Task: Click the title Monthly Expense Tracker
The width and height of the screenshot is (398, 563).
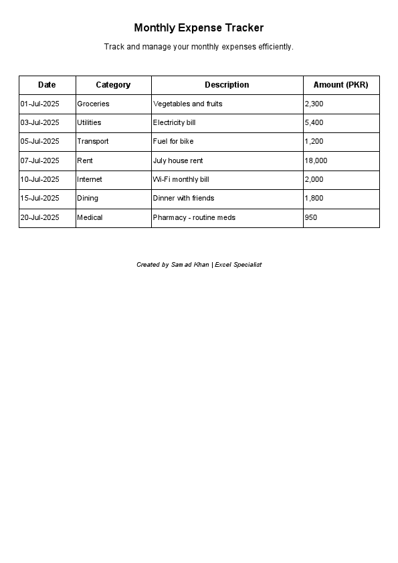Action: pyautogui.click(x=199, y=28)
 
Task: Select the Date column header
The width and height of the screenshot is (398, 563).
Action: pyautogui.click(x=47, y=85)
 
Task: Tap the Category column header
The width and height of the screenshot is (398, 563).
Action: pyautogui.click(x=113, y=85)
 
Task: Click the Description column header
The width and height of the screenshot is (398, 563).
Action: pyautogui.click(x=227, y=85)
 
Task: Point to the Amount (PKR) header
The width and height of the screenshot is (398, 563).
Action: pyautogui.click(x=340, y=85)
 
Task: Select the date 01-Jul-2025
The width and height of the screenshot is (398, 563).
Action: pyautogui.click(x=39, y=104)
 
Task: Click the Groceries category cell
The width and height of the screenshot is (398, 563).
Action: pyautogui.click(x=93, y=104)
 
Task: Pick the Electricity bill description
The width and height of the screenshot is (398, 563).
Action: pyautogui.click(x=174, y=123)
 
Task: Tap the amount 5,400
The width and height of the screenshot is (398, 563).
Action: pyautogui.click(x=314, y=123)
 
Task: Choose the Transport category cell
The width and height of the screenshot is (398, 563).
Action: pyautogui.click(x=92, y=142)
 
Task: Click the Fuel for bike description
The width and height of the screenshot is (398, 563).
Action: pyautogui.click(x=173, y=142)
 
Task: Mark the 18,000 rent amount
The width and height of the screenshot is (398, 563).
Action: pyautogui.click(x=316, y=161)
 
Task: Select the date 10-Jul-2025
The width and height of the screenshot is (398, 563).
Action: pyautogui.click(x=39, y=180)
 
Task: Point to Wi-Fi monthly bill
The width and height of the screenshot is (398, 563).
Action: pyautogui.click(x=181, y=180)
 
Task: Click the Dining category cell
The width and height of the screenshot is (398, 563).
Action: pyautogui.click(x=88, y=199)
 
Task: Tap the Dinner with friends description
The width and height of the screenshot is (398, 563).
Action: pyautogui.click(x=183, y=199)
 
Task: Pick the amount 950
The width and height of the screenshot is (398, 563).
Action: pyautogui.click(x=310, y=218)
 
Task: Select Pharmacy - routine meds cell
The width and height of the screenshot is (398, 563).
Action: pyautogui.click(x=194, y=218)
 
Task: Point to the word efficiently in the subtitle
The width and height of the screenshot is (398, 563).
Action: pyautogui.click(x=276, y=47)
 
